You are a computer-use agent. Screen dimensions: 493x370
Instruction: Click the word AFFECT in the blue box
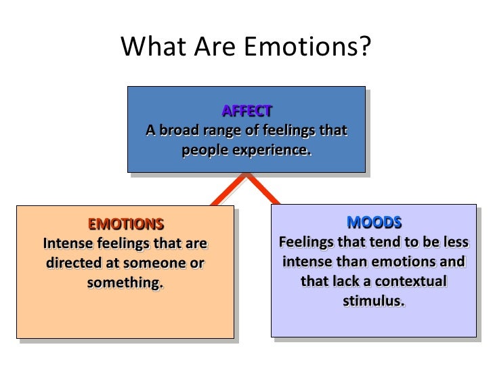pyautogui.click(x=246, y=110)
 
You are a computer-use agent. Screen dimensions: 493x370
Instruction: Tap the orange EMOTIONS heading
pyautogui.click(x=126, y=224)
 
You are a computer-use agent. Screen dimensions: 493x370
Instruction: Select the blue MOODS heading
pyautogui.click(x=374, y=222)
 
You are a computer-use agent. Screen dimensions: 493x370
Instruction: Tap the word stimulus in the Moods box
pyautogui.click(x=374, y=300)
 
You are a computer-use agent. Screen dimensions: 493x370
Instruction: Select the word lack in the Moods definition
pyautogui.click(x=342, y=280)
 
